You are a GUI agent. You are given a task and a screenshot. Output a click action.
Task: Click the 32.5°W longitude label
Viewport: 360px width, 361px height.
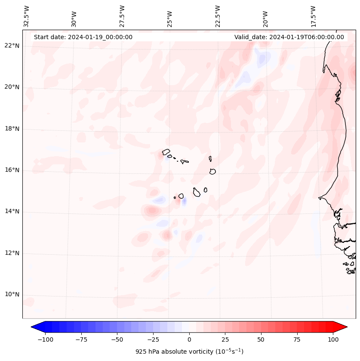[x=27, y=16]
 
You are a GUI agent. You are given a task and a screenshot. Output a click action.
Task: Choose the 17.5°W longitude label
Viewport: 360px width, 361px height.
[x=313, y=16]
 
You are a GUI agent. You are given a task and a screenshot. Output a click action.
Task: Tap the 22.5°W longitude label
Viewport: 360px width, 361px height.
[x=218, y=16]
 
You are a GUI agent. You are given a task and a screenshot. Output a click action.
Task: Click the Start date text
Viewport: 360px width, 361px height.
[x=83, y=37]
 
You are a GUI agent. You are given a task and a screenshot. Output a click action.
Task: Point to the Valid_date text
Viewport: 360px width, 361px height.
[x=289, y=37]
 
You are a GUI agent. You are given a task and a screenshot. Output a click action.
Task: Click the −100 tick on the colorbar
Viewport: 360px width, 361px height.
[x=45, y=339]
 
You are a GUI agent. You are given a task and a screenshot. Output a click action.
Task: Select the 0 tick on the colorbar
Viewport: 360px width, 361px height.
[x=189, y=339]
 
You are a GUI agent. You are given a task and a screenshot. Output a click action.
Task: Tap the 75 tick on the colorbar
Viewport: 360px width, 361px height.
[x=297, y=339]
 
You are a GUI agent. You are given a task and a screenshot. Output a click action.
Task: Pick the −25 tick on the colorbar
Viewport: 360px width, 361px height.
[x=153, y=339]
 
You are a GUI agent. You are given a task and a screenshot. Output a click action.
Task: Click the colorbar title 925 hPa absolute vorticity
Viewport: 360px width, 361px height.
[x=189, y=352]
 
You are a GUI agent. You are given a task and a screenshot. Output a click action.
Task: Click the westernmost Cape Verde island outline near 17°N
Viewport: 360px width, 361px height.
[x=166, y=151]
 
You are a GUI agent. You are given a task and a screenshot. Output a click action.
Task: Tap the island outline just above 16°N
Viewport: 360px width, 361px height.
[x=212, y=171]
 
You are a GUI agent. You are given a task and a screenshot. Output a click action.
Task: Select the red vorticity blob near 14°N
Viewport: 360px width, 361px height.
[x=151, y=211]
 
